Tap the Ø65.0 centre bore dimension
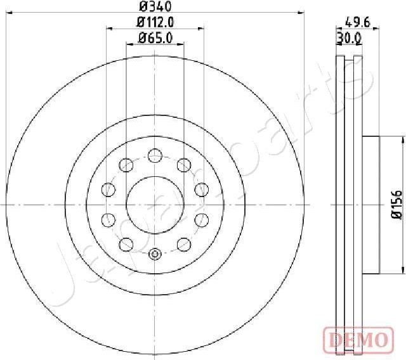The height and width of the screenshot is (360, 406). pyautogui.click(x=155, y=37)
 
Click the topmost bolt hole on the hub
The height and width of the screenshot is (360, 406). pyautogui.click(x=155, y=154)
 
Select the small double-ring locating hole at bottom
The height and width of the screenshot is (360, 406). pyautogui.click(x=155, y=254)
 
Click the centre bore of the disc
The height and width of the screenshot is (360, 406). pyautogui.click(x=155, y=204)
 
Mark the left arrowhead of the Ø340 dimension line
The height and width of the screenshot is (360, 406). pyautogui.click(x=8, y=13)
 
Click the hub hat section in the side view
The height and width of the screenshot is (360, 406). pyautogui.click(x=371, y=205)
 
